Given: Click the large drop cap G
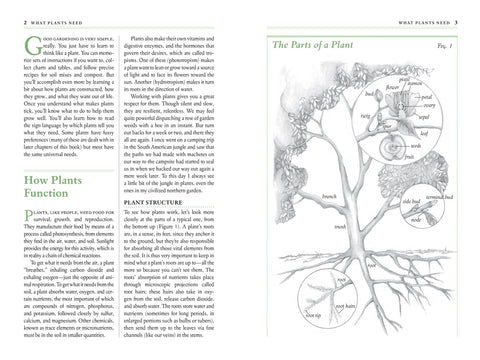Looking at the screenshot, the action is (x=27, y=49).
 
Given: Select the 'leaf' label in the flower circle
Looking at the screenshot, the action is (x=425, y=130).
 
